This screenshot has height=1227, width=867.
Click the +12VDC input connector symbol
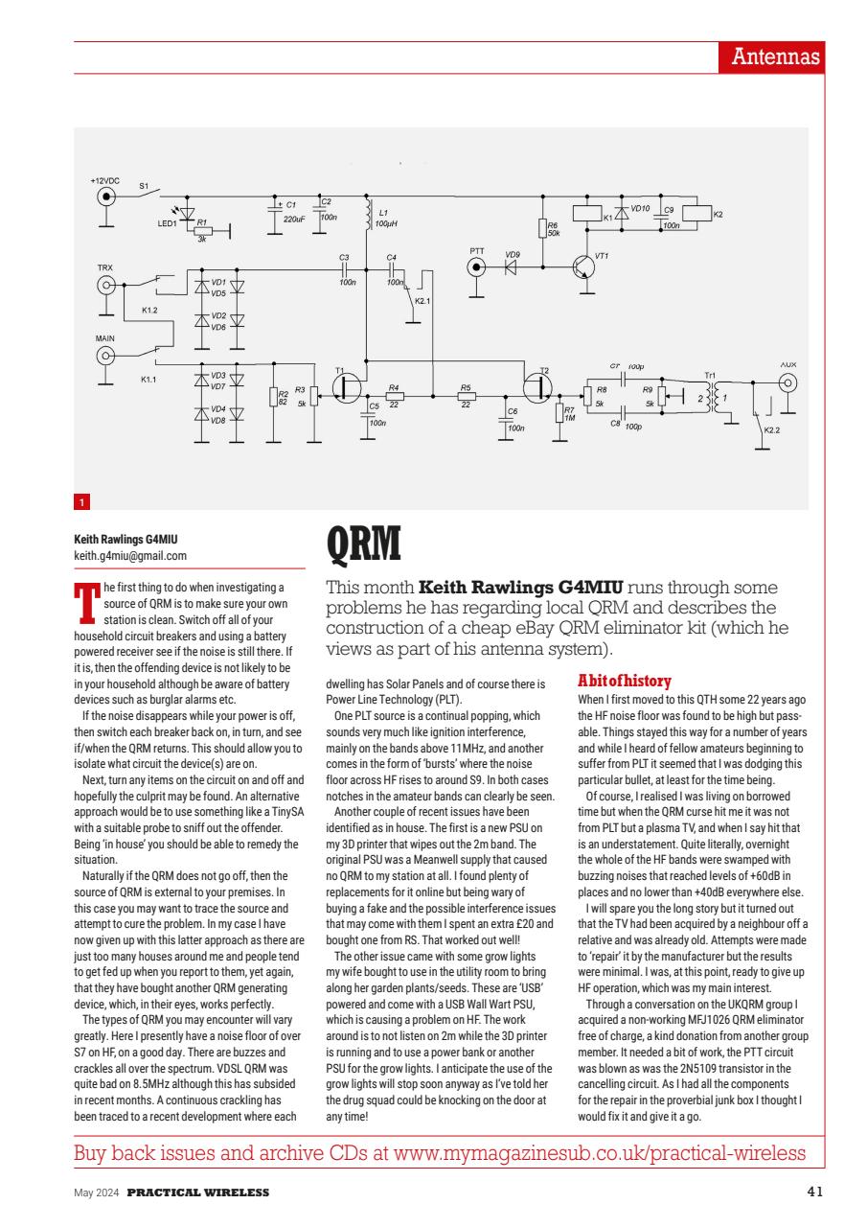point(107,197)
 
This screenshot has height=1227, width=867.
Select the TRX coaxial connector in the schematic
point(106,285)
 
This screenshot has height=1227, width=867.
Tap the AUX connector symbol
point(787,382)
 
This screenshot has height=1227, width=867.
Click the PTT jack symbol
point(477,267)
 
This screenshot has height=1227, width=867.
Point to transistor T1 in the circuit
point(345,385)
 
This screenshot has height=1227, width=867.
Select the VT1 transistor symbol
point(583,267)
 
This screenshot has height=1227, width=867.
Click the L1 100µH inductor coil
point(367,216)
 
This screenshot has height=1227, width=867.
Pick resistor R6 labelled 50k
point(542,228)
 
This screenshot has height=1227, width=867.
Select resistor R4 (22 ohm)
point(393,396)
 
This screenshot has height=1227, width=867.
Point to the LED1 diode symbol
point(187,215)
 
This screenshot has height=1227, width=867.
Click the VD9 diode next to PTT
point(511,267)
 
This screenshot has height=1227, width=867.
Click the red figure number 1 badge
point(82,501)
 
